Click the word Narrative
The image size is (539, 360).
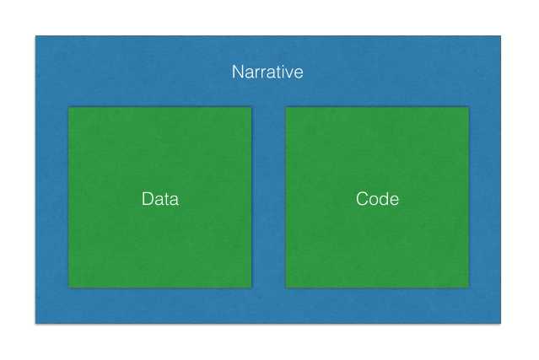267,73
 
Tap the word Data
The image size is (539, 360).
160,199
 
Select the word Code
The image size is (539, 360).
377,199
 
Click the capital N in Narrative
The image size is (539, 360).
238,73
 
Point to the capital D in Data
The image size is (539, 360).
147,199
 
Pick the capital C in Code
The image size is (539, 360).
363,199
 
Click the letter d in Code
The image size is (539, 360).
385,199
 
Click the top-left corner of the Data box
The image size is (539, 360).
69,108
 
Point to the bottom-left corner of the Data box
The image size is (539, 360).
69,287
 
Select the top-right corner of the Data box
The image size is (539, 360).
251,108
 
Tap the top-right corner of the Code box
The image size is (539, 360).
469,108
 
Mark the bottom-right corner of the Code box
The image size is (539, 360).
469,287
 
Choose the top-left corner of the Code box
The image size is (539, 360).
286,108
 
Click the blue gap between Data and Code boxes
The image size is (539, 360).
269,197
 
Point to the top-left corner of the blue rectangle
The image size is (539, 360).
35,36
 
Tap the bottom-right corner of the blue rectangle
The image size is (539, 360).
501,323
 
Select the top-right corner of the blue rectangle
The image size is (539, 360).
501,36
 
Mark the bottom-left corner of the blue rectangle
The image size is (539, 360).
35,323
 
